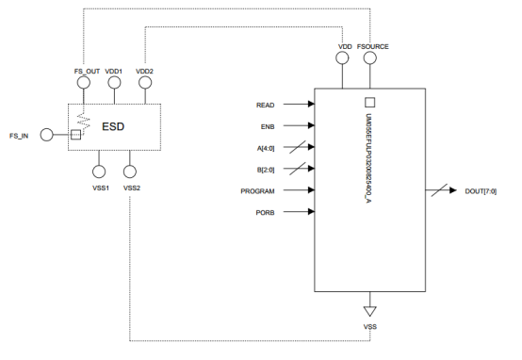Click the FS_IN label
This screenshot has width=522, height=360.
coord(19,136)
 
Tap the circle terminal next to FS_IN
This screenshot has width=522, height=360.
coord(47,136)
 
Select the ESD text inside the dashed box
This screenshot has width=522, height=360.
coord(114,124)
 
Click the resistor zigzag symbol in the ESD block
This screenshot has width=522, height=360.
coord(83,120)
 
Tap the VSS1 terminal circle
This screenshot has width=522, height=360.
coord(99,172)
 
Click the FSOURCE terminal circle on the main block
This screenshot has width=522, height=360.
coord(370,58)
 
